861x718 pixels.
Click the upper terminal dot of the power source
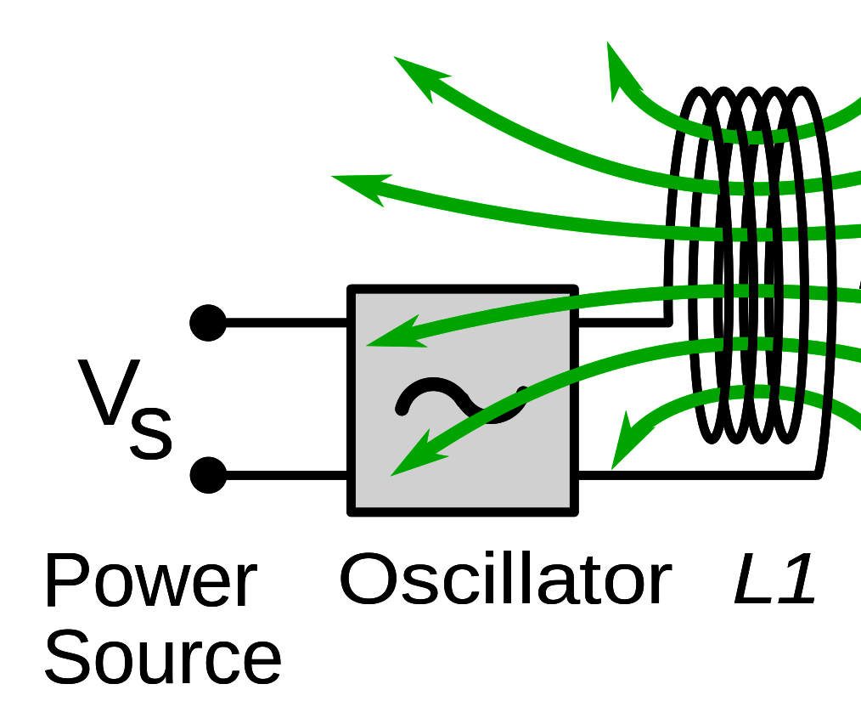[208, 323]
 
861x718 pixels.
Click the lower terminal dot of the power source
[208, 475]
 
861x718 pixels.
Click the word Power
[149, 582]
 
